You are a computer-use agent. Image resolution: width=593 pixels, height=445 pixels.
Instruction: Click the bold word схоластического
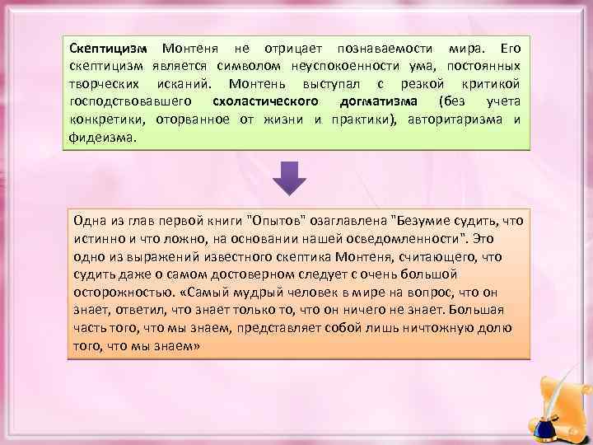coord(265,101)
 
